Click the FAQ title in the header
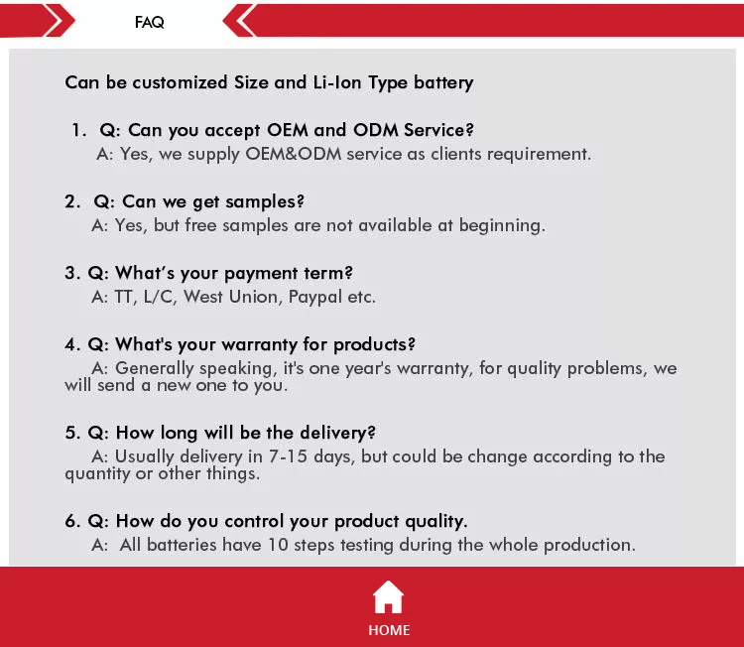(x=149, y=22)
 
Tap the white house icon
(x=388, y=596)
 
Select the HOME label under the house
(x=389, y=630)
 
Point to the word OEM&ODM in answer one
(x=294, y=154)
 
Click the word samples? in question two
(x=265, y=201)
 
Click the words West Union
(x=230, y=297)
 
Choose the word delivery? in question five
(x=338, y=433)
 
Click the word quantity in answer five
(x=97, y=473)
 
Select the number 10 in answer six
(x=278, y=545)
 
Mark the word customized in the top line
(x=180, y=82)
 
